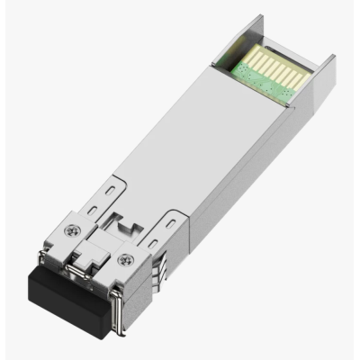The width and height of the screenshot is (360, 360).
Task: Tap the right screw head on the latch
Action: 123,261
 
